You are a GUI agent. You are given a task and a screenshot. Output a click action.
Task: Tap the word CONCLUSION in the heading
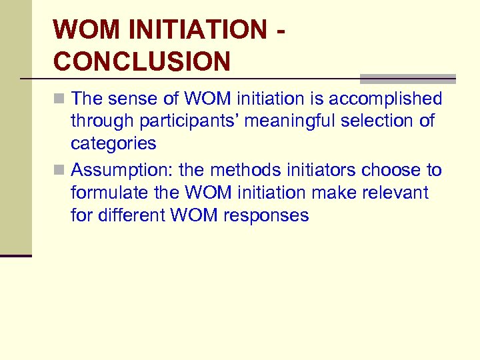coord(142,61)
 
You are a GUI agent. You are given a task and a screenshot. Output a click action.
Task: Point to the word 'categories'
coord(113,143)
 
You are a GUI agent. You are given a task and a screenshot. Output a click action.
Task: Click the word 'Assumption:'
coord(125,171)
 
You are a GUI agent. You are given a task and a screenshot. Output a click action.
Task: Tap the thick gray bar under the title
coord(407,77)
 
